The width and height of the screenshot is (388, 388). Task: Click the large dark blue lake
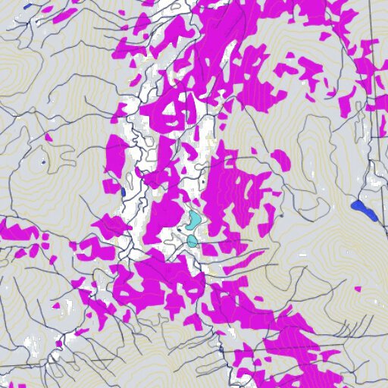pyautogui.click(x=364, y=210)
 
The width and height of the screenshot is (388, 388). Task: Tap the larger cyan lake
pyautogui.click(x=193, y=221)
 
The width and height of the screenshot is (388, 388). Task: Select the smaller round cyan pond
pyautogui.click(x=192, y=241)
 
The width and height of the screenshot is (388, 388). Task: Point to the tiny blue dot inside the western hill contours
pyautogui.click(x=44, y=161)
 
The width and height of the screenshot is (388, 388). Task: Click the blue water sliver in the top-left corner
pyautogui.click(x=29, y=6)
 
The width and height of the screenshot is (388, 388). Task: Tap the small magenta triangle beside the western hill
pyautogui.click(x=48, y=137)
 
